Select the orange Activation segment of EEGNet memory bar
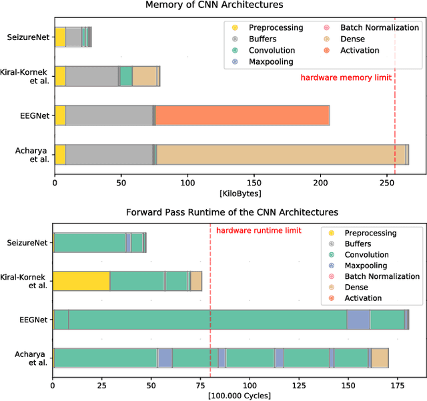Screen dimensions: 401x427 [x=242, y=115]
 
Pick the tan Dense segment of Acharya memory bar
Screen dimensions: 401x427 [x=280, y=154]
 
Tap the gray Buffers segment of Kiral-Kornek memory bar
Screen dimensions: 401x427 [x=91, y=76]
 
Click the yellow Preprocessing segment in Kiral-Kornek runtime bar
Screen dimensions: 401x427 [x=81, y=281]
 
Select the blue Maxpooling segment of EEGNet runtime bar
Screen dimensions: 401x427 [x=358, y=320]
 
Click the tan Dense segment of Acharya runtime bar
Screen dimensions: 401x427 [x=380, y=358]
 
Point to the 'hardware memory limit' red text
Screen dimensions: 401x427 [x=346, y=77]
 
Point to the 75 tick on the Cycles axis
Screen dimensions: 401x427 [x=201, y=385]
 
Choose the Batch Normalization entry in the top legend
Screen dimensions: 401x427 [x=379, y=28]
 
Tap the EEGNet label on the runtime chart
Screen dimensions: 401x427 [x=33, y=320]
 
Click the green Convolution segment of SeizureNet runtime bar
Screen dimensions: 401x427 [x=89, y=243]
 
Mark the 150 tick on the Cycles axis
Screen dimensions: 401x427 [x=348, y=385]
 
